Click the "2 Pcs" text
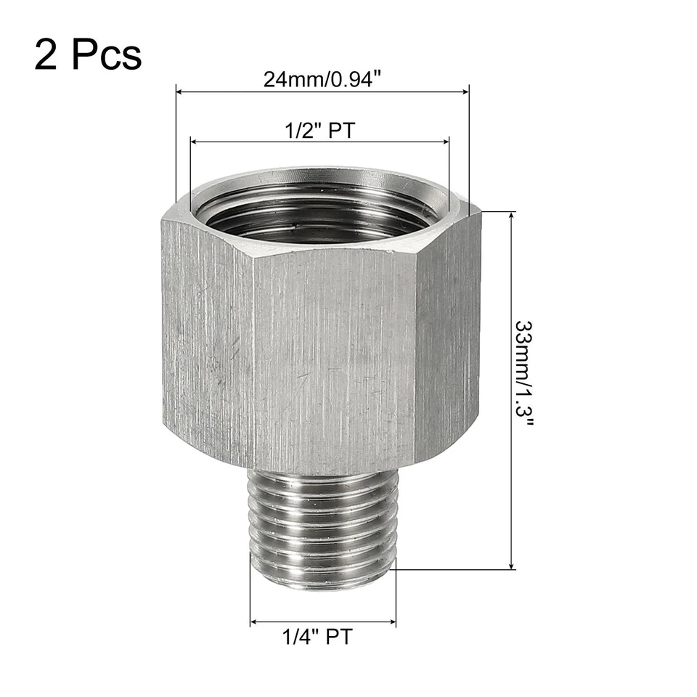pyautogui.click(x=87, y=54)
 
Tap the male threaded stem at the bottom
pyautogui.click(x=322, y=526)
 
